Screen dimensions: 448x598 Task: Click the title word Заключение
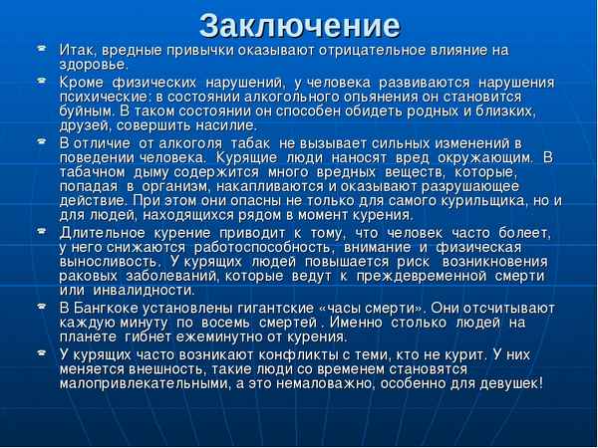click(x=299, y=23)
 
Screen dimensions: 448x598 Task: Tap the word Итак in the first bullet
click(x=77, y=49)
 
